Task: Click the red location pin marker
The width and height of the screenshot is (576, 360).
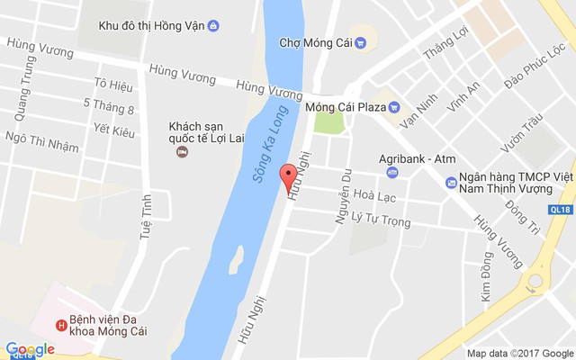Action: (288, 177)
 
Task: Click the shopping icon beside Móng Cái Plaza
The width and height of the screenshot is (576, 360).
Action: (393, 108)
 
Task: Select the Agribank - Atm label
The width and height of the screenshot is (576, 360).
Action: (417, 158)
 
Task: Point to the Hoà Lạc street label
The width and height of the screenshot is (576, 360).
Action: (374, 193)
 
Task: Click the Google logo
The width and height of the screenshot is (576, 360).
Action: (30, 349)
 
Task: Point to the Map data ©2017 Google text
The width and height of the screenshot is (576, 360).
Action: (519, 354)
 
